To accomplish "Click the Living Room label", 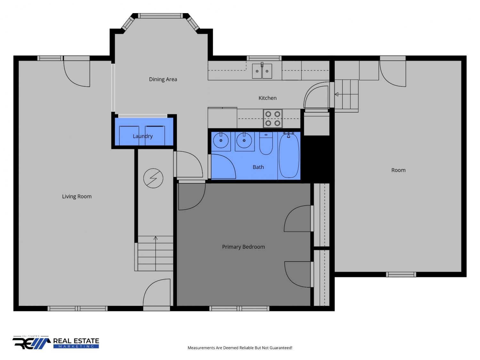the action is click(77, 196).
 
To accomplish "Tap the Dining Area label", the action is click(163, 79).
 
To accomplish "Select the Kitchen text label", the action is click(268, 98).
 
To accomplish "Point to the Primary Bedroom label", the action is click(244, 247).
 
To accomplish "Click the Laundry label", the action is click(143, 136).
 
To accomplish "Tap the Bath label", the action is click(258, 167).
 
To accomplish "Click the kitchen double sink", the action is click(262, 71).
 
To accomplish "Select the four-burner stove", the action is click(273, 119).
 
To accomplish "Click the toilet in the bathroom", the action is click(266, 143).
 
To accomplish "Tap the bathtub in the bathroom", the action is click(289, 155).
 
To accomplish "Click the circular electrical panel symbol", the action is click(153, 178).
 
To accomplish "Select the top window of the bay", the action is click(161, 16).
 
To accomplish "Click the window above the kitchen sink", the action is click(264, 58).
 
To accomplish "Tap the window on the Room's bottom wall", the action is click(401, 275).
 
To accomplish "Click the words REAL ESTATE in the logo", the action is click(76, 341).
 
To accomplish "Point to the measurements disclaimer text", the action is click(240, 348).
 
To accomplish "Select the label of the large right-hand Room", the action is click(398, 170).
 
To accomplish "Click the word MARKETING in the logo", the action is click(76, 347).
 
